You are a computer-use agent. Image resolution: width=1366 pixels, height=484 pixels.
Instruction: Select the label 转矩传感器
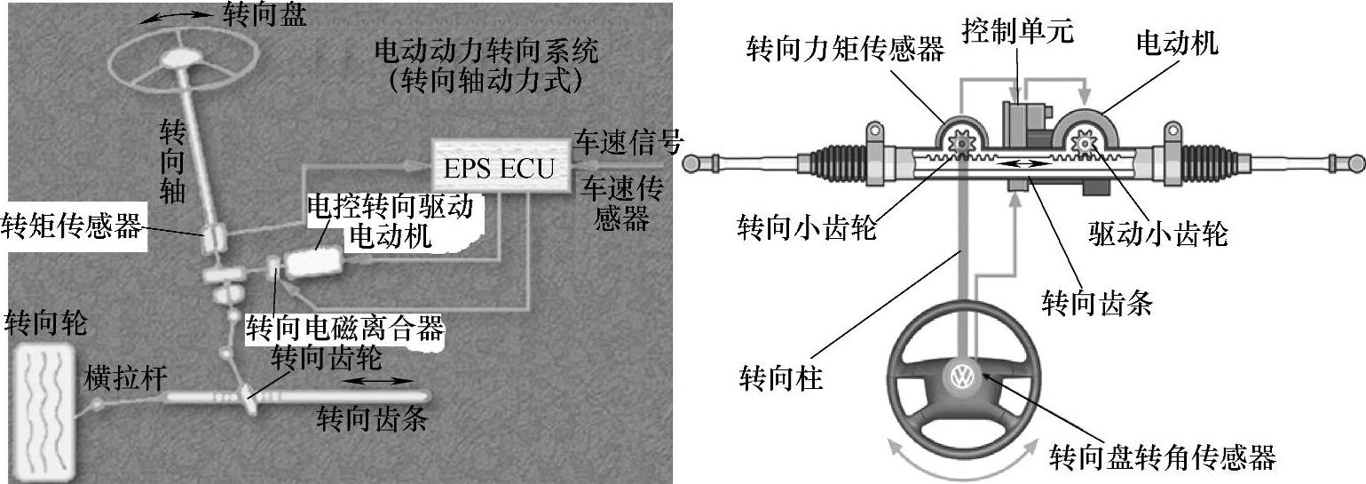coord(73,226)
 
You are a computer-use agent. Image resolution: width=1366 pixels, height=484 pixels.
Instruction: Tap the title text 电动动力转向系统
coord(486,51)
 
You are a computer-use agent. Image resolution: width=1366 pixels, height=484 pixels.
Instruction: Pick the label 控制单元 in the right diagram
coord(1018,31)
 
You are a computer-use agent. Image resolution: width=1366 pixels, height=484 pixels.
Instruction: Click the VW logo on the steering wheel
coord(961,377)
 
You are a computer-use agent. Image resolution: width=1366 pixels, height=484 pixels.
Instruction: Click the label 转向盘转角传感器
coord(1162,458)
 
